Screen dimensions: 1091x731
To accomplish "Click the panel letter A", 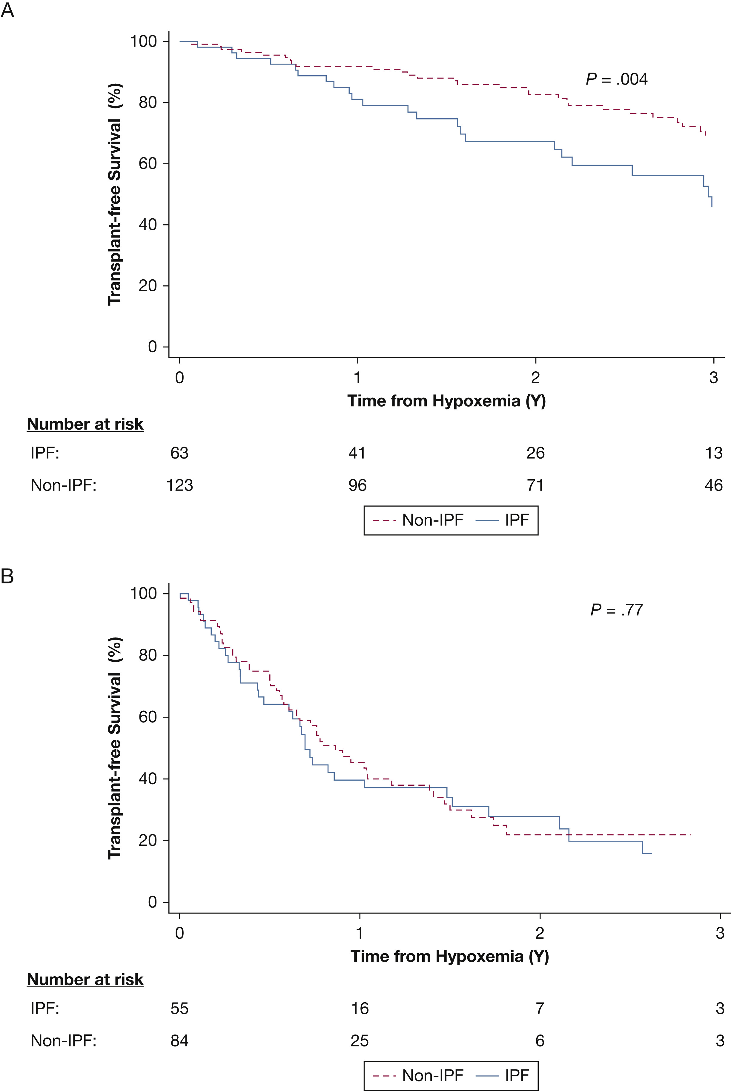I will [7, 10].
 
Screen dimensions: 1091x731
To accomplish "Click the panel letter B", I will [7, 577].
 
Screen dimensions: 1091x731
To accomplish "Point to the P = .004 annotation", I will [616, 79].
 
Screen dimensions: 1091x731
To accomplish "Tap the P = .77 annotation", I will [616, 610].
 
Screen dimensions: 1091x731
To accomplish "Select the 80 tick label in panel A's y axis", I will [147, 102].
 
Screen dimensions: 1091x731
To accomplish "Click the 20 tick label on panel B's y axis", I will [147, 841].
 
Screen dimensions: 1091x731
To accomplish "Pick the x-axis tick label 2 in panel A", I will [535, 377].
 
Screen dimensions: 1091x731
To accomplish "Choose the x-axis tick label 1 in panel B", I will [360, 932].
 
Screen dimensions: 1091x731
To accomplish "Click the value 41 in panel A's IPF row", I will [357, 453].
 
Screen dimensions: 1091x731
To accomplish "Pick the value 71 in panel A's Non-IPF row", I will [535, 485].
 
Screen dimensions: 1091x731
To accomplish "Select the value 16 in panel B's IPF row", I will [360, 1009].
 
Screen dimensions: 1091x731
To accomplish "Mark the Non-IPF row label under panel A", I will [63, 485].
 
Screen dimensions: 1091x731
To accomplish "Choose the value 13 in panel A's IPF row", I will [713, 453].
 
